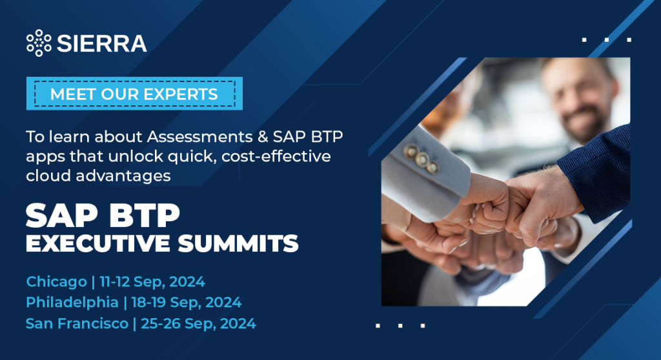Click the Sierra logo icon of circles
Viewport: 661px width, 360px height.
click(39, 43)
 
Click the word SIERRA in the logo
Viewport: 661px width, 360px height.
click(101, 43)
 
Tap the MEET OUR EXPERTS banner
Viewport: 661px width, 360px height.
click(134, 94)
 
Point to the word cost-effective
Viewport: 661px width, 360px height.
click(276, 156)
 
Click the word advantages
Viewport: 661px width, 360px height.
click(123, 175)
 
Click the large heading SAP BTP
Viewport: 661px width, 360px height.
click(103, 215)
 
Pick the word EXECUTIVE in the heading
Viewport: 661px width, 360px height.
click(98, 243)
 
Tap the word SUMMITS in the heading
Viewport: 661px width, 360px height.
click(238, 243)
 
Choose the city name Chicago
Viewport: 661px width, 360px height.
click(57, 281)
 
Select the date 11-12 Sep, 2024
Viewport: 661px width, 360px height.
click(152, 281)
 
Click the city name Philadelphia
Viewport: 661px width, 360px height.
click(72, 302)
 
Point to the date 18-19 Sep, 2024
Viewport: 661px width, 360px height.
click(187, 302)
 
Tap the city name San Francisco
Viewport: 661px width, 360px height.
click(77, 323)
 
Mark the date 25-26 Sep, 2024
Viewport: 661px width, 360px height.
click(198, 323)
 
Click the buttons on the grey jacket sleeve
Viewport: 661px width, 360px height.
click(421, 159)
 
